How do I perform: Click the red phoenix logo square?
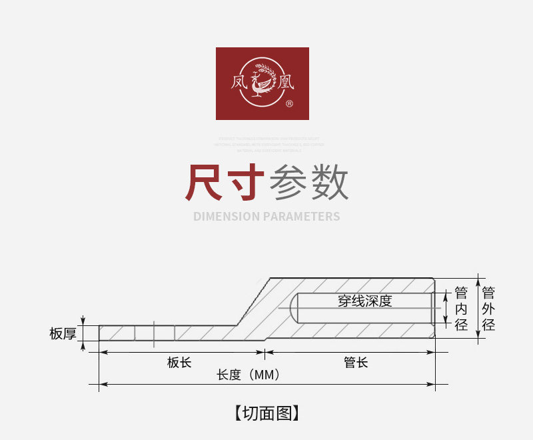click(262, 83)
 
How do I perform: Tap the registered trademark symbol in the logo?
click(289, 104)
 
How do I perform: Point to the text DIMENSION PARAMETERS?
click(266, 217)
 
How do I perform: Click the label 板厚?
click(63, 333)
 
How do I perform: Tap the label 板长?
click(179, 363)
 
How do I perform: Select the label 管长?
click(356, 363)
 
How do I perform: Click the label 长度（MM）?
click(248, 375)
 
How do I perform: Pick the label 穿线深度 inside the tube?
click(364, 301)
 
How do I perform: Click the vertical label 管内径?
click(461, 309)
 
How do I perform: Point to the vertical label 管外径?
click(488, 309)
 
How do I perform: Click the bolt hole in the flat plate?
click(155, 333)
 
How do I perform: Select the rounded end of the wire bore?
click(295, 309)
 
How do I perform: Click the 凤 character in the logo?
click(239, 83)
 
